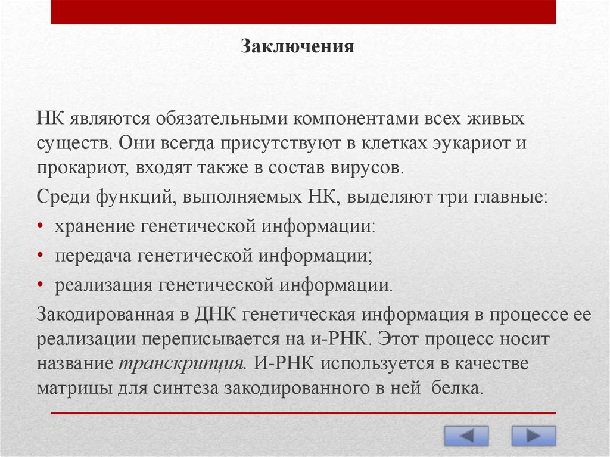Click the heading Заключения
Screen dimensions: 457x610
[x=297, y=46]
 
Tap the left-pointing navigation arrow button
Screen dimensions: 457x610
[x=466, y=436]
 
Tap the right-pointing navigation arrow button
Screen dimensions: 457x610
[x=534, y=436]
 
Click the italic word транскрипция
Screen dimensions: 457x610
[x=182, y=363]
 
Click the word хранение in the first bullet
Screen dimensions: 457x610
[x=95, y=226]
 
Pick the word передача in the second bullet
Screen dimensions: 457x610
[x=94, y=256]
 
